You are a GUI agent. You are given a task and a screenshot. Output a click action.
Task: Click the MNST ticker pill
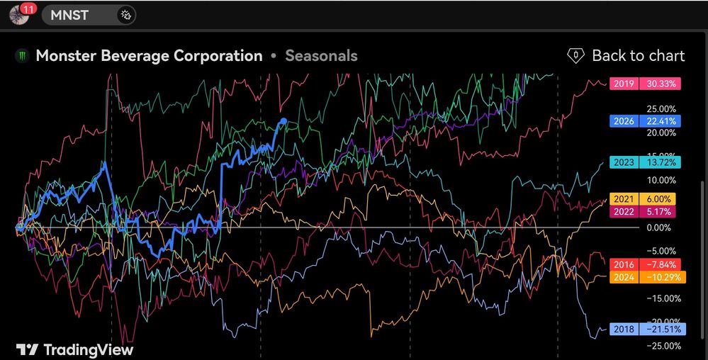tap(89, 16)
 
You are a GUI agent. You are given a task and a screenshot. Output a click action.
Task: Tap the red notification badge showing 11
tap(28, 8)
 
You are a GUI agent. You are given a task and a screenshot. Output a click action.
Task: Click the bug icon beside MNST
tap(125, 16)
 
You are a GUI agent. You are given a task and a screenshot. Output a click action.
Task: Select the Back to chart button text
tap(638, 55)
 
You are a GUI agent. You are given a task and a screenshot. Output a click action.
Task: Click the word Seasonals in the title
tap(322, 55)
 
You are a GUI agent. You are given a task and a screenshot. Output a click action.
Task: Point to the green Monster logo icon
tap(21, 56)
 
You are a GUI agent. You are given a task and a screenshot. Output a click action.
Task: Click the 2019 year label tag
tap(624, 84)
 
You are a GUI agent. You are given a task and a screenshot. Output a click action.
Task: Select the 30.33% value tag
tap(660, 84)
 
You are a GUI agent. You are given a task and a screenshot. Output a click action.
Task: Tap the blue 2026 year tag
tap(624, 121)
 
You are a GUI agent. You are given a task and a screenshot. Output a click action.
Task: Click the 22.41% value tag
tap(660, 121)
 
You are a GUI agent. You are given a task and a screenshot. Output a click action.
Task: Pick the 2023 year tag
tap(624, 162)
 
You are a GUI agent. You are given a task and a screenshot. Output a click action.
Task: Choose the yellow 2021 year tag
tap(624, 198)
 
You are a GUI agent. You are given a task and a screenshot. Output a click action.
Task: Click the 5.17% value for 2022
tap(657, 211)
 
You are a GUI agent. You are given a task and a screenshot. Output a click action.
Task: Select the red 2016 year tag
tap(624, 264)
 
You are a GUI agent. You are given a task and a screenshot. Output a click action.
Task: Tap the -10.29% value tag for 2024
tap(662, 277)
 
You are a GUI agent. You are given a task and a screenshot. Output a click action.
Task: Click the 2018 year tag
tap(624, 329)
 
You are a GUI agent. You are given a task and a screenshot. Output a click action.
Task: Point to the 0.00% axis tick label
tap(661, 227)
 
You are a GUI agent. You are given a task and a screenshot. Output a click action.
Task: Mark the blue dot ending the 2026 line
tap(283, 120)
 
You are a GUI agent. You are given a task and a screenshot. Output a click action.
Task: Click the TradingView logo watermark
tap(75, 349)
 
